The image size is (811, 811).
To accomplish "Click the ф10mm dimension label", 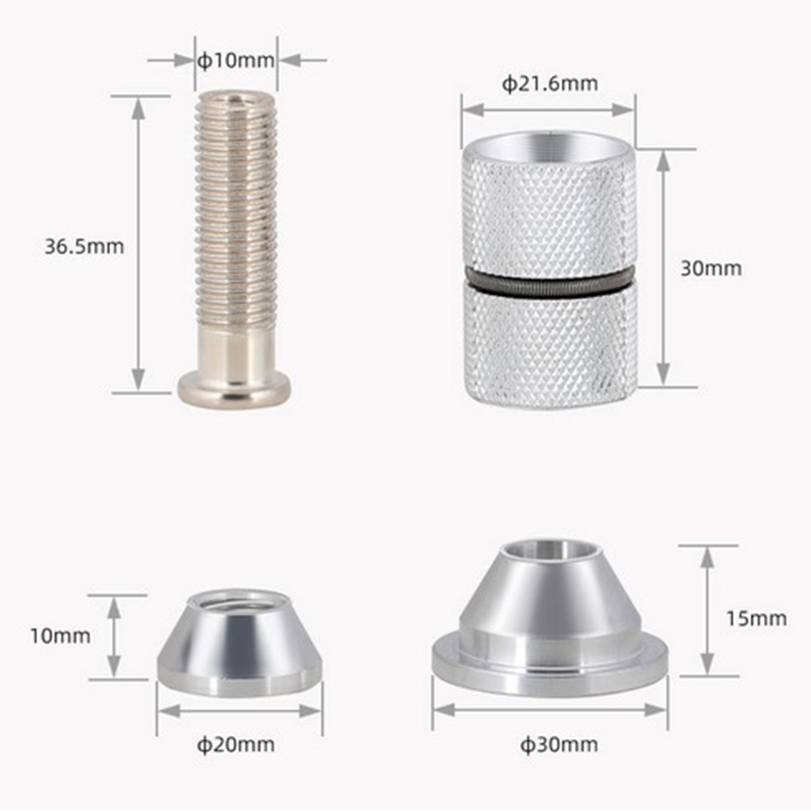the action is point(236,61).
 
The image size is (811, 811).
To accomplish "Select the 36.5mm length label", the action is point(84,246).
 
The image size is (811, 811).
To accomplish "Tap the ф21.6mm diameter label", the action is point(550,83).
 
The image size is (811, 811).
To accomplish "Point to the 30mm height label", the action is point(711,268).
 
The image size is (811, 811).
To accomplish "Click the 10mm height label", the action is point(60,635).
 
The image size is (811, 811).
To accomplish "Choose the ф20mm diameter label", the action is point(236,745).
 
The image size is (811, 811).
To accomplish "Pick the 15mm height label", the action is point(756,618).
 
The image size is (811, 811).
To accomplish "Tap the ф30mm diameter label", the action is point(559,745).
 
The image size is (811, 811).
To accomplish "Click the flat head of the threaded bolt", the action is point(234,389).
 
